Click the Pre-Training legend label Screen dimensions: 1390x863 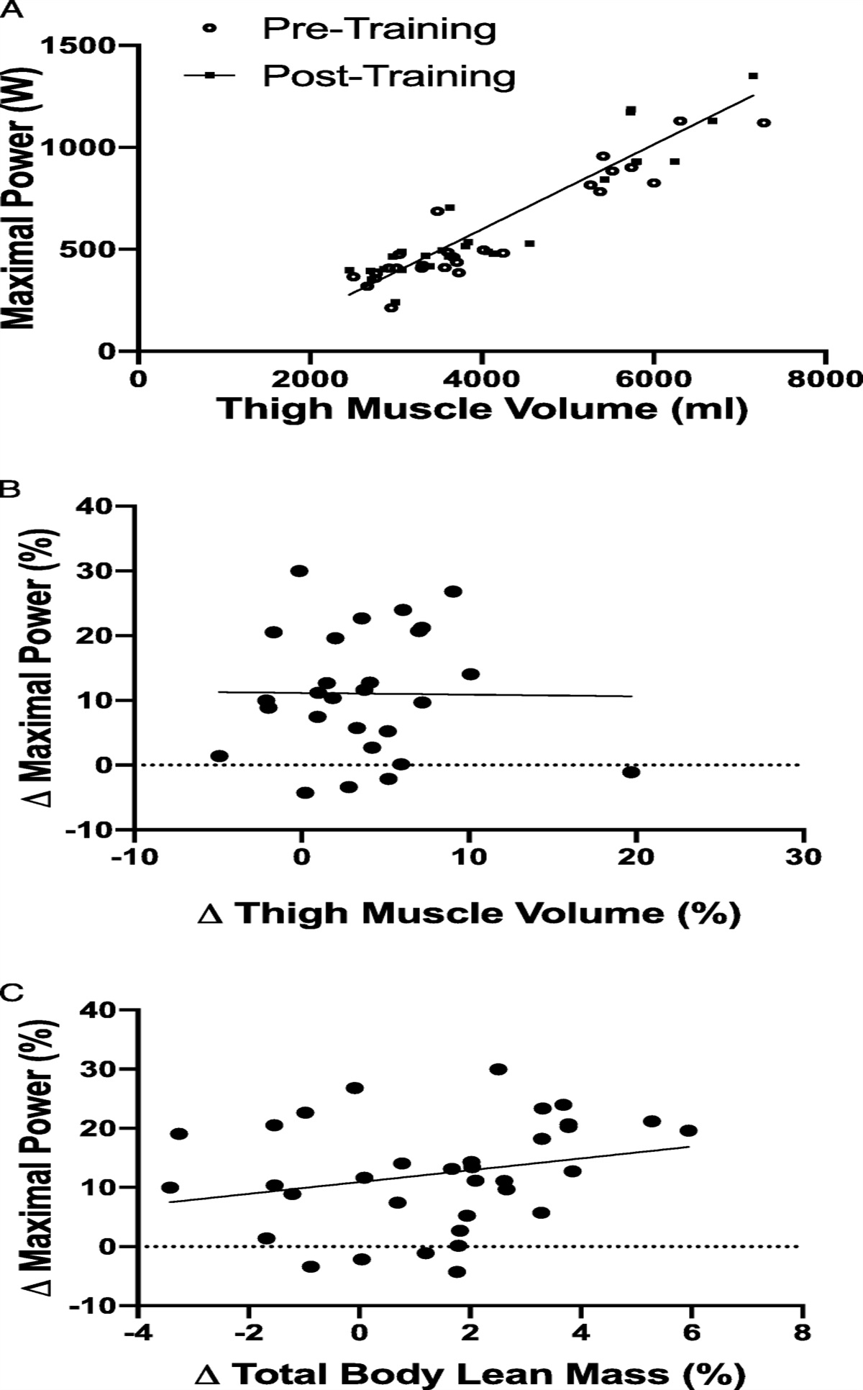(379, 29)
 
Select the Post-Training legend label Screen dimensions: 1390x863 (388, 75)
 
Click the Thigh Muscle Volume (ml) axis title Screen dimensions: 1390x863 (482, 409)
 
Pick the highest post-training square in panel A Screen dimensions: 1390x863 (753, 76)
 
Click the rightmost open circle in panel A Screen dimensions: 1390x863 (764, 123)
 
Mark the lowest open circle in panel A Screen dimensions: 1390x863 (391, 307)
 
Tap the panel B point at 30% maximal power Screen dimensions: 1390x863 (299, 571)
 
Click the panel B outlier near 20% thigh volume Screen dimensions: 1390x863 (631, 772)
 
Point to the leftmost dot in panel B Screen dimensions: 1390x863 (219, 756)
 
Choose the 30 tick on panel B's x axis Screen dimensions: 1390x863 (804, 858)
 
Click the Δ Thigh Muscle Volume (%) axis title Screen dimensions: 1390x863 (468, 913)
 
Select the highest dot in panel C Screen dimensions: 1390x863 (498, 1069)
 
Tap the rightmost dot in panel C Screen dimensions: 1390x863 (689, 1130)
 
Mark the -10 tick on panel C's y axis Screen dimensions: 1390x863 (102, 1305)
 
